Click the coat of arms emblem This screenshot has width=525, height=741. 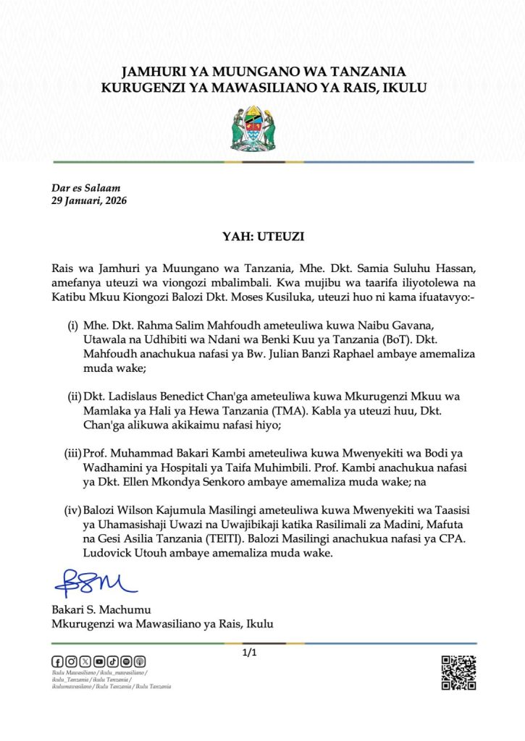(262, 127)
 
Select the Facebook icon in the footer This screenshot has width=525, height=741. (57, 661)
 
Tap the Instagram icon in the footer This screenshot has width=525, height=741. (71, 661)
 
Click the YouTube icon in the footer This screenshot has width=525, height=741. (98, 661)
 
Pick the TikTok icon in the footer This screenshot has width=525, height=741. (112, 661)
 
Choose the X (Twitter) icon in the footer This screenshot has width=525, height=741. (85, 661)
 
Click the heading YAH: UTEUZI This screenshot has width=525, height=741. (262, 235)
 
